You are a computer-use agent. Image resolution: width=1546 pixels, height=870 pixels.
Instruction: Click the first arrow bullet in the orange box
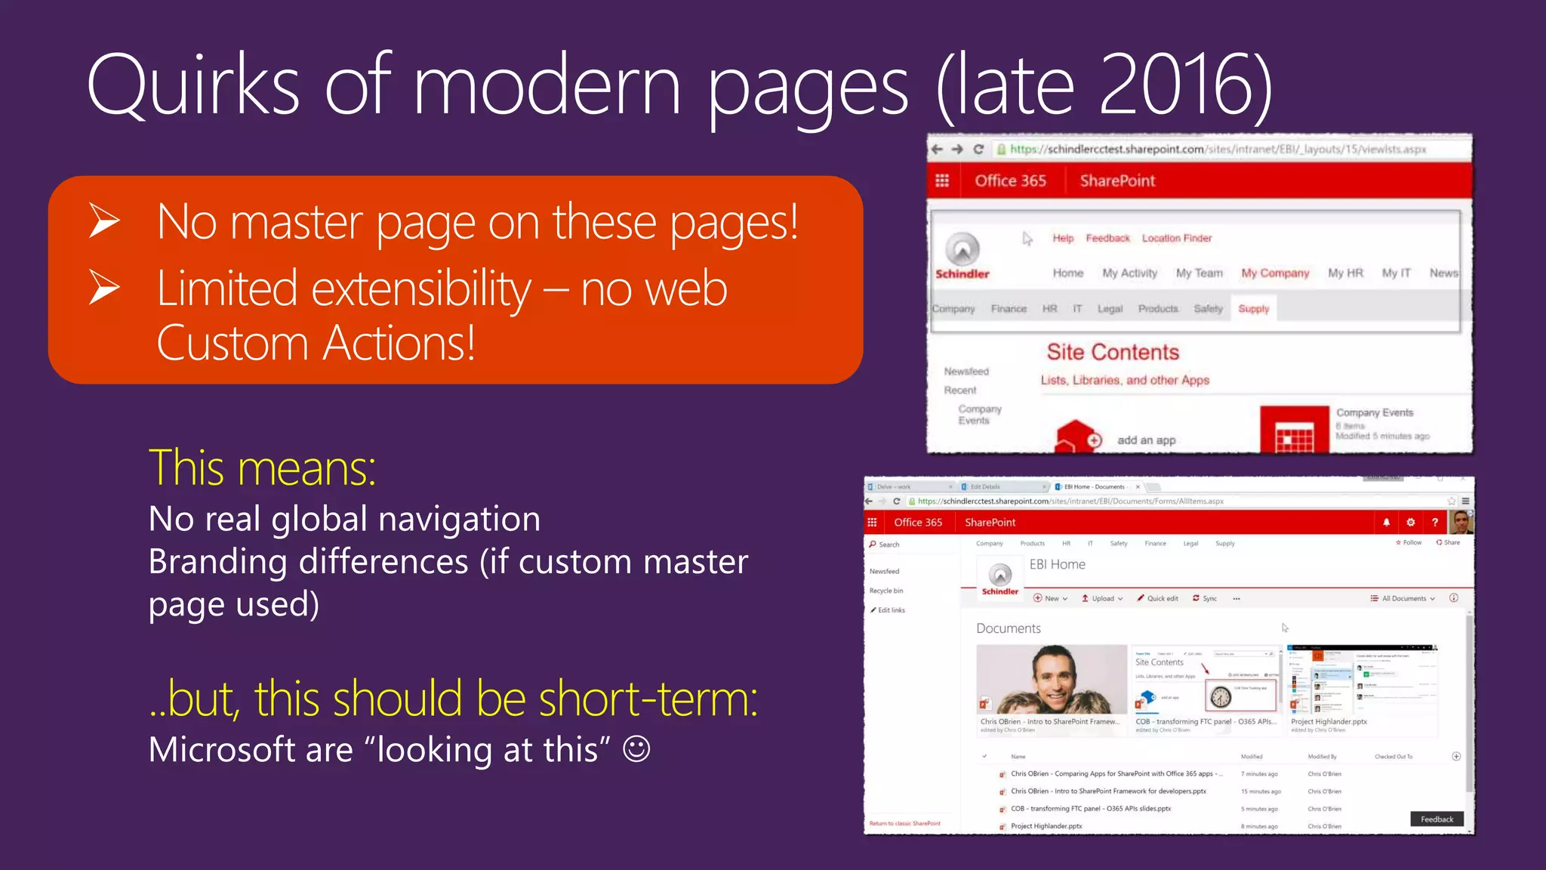[104, 221]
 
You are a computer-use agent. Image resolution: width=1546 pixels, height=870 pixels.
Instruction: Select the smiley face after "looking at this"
[636, 749]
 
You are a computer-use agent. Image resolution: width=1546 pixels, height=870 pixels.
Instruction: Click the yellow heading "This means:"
[262, 468]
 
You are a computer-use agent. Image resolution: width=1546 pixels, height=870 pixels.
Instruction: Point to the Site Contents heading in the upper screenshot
[1113, 353]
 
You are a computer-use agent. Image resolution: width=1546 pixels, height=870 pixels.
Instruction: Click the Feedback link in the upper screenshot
[1107, 239]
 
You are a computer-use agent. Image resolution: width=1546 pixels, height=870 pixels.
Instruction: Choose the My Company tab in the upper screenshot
[1275, 273]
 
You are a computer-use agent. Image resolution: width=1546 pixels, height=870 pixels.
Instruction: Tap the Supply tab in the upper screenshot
[1253, 309]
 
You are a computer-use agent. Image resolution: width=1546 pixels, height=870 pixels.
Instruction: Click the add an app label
[1146, 440]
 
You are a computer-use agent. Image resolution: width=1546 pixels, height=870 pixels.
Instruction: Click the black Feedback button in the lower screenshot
[1437, 819]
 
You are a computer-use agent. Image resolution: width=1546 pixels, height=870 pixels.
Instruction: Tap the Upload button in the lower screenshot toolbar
[1102, 599]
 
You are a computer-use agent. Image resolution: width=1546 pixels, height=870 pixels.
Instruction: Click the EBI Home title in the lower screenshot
[1057, 565]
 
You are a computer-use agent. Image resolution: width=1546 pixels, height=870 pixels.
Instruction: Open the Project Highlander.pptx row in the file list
[1046, 826]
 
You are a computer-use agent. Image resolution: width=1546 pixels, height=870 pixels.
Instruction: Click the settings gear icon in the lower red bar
[1410, 523]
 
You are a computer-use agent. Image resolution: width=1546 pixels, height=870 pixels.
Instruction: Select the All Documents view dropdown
[1403, 599]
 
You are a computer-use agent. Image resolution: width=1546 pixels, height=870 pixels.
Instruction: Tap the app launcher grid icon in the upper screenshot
[942, 181]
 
